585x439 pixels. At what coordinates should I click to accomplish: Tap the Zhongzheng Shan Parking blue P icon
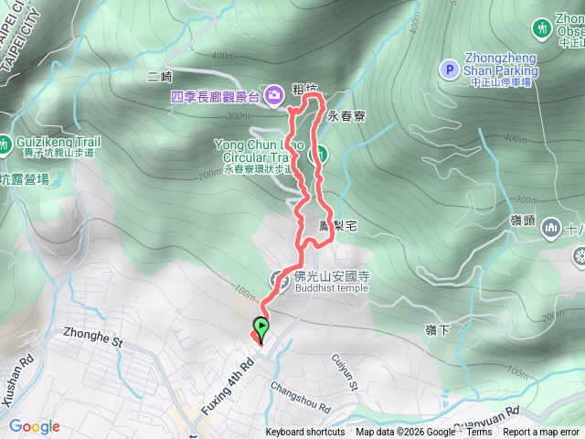coord(449,69)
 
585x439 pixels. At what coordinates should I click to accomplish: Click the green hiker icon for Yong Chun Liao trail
coord(320,155)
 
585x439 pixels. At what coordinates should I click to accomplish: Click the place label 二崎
coord(158,78)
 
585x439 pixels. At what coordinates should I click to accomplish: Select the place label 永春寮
coord(346,117)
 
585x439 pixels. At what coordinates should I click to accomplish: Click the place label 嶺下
coord(438,329)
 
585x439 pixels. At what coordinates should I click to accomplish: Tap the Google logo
coord(34,426)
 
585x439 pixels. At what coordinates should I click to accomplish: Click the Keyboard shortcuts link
coord(304,433)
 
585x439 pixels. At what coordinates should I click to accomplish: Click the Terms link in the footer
coord(479,433)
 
